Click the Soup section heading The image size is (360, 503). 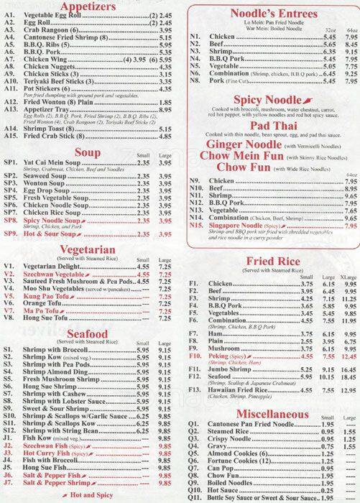(x=89, y=152)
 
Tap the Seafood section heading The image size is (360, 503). (x=89, y=333)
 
